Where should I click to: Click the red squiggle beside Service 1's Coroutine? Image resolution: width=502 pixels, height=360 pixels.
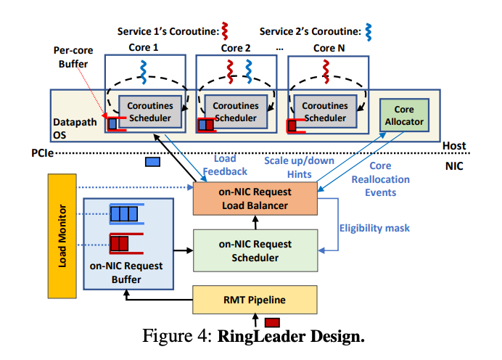pyautogui.click(x=234, y=32)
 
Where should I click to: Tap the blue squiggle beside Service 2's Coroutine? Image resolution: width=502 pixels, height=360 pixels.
pyautogui.click(x=369, y=32)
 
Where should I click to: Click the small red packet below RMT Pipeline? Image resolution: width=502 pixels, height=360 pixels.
pyautogui.click(x=272, y=322)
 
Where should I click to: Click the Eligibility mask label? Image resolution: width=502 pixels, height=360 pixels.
pyautogui.click(x=374, y=228)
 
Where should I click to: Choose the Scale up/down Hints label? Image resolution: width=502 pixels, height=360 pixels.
pyautogui.click(x=294, y=167)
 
